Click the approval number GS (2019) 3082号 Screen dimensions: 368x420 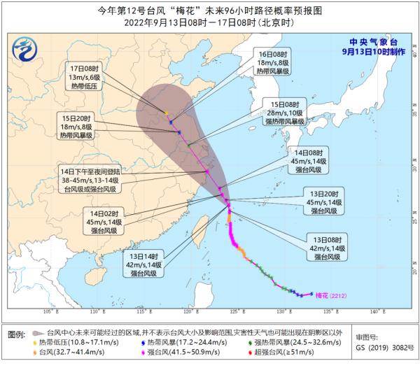pos(379,348)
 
